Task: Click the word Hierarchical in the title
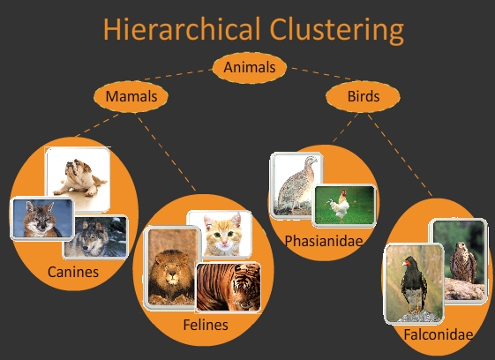tap(182, 29)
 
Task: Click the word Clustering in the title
tap(336, 30)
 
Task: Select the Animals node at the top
tap(250, 68)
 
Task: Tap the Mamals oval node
tap(131, 96)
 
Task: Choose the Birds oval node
tap(363, 96)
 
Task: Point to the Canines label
tap(73, 272)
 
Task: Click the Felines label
tap(206, 325)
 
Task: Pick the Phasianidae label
tap(324, 241)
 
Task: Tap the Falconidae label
tap(439, 334)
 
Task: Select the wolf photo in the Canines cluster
tap(96, 237)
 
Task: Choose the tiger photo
tap(229, 288)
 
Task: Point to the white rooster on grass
tap(341, 206)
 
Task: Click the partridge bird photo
tap(295, 184)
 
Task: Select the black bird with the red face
tap(413, 285)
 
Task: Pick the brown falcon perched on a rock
tap(463, 262)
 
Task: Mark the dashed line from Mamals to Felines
tap(167, 153)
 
